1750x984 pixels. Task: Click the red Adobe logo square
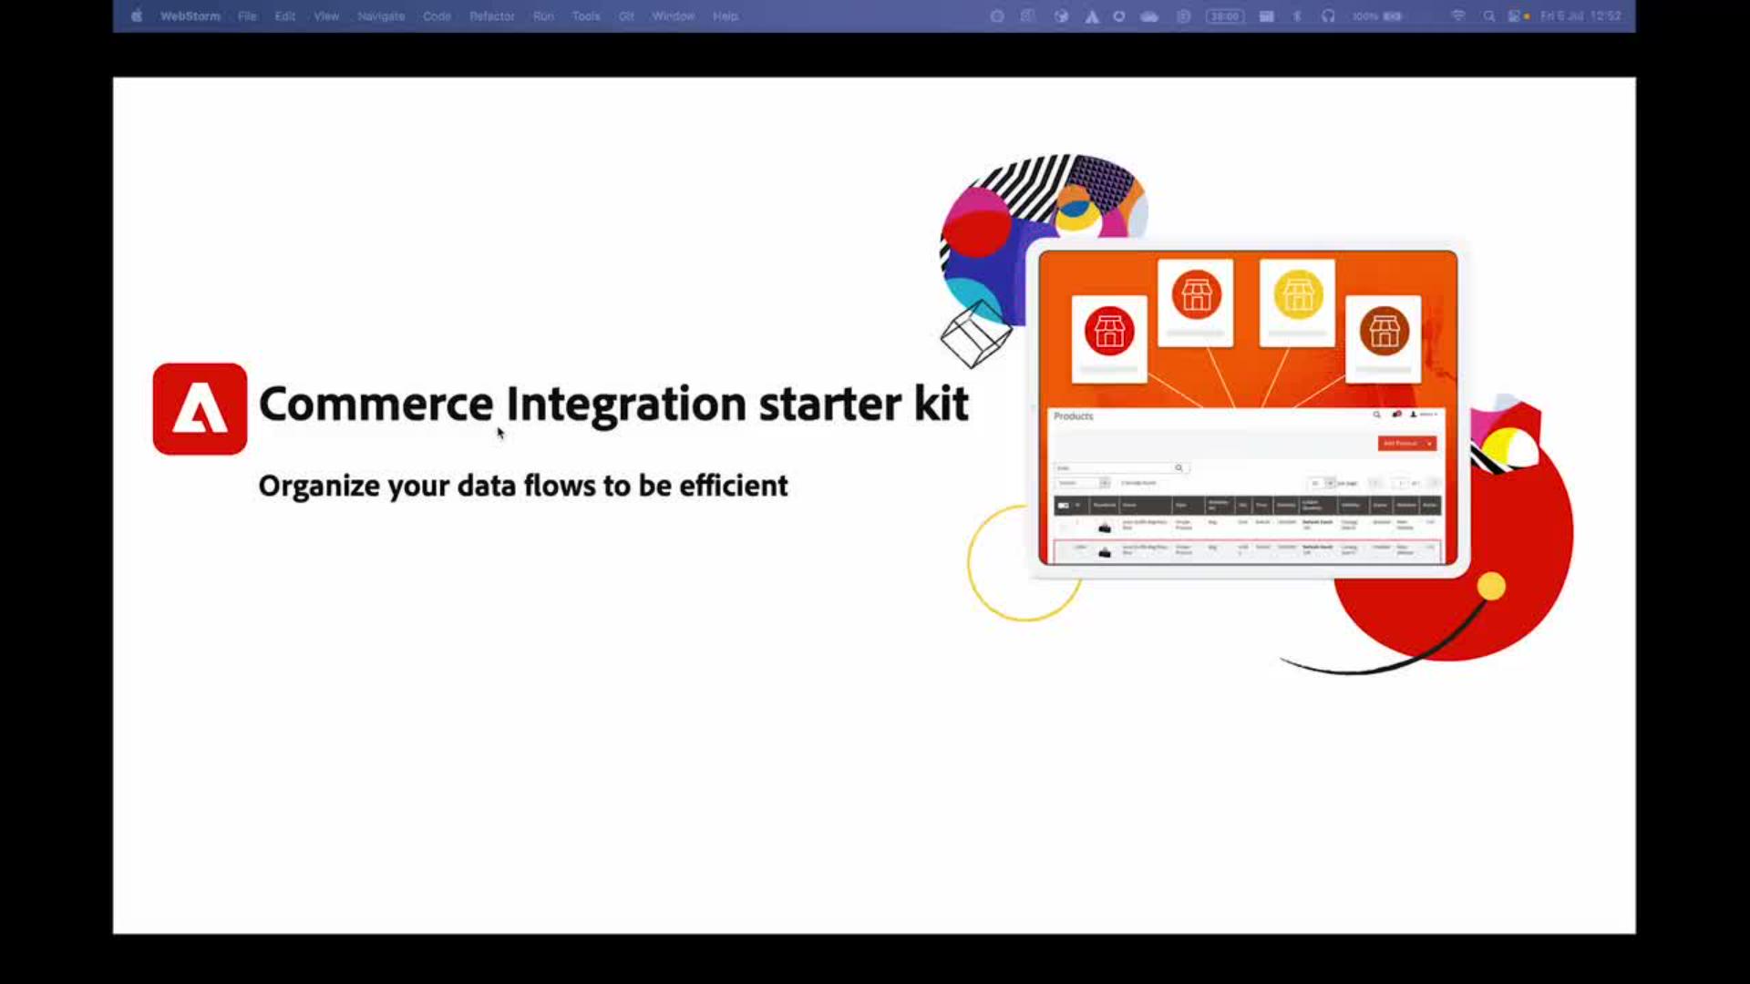tap(200, 409)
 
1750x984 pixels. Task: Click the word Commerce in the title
tap(376, 404)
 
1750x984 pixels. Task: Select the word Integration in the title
tap(626, 404)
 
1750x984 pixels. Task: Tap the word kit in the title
tap(941, 404)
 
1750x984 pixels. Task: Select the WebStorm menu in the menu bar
tap(190, 16)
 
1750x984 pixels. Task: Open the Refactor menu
tap(491, 16)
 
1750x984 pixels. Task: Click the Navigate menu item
tap(381, 16)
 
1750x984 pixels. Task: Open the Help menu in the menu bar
tap(725, 16)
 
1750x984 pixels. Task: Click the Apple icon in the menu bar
tap(136, 16)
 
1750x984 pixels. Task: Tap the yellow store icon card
tap(1297, 302)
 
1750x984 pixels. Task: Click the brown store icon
tap(1384, 331)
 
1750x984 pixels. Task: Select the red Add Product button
tap(1406, 444)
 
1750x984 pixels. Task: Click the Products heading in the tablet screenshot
tap(1073, 416)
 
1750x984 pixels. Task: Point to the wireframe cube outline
tap(976, 334)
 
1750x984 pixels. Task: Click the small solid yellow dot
tap(1491, 586)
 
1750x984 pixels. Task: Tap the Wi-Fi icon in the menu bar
tap(1458, 16)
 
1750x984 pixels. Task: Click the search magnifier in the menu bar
tap(1488, 16)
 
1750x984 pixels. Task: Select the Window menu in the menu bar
tap(673, 16)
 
